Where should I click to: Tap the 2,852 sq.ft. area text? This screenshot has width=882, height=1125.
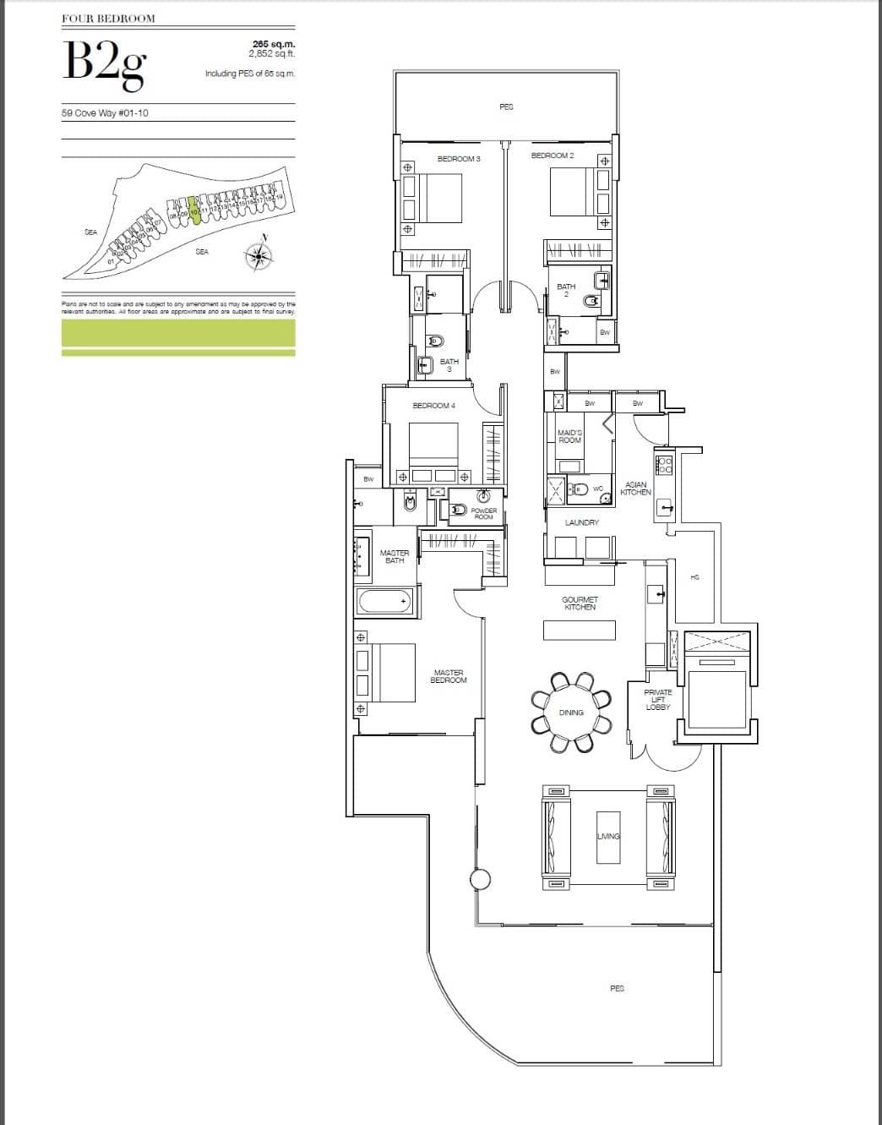[x=271, y=53]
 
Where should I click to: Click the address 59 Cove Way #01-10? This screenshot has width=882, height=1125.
[x=105, y=112]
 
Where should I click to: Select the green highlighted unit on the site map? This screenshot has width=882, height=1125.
[x=194, y=210]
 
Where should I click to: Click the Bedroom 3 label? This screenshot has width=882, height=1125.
[x=459, y=159]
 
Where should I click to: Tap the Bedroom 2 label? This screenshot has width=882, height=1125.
[x=553, y=156]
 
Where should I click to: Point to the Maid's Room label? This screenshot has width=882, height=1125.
[x=569, y=436]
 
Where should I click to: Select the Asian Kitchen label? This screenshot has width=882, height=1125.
[x=635, y=489]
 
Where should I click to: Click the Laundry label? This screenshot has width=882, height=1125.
[x=581, y=522]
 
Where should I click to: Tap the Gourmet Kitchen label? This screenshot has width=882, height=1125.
[x=579, y=603]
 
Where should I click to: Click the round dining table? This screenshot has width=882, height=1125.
[x=571, y=713]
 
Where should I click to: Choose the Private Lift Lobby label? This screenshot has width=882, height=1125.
[x=657, y=700]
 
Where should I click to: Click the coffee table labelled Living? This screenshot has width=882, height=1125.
[x=608, y=836]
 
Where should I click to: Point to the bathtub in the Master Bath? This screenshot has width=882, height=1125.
[x=384, y=602]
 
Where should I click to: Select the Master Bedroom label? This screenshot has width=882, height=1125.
[x=449, y=676]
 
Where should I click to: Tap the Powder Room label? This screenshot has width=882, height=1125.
[x=483, y=513]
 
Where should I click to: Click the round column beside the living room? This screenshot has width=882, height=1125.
[x=480, y=880]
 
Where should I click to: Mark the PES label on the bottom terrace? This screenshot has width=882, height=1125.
[x=617, y=987]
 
